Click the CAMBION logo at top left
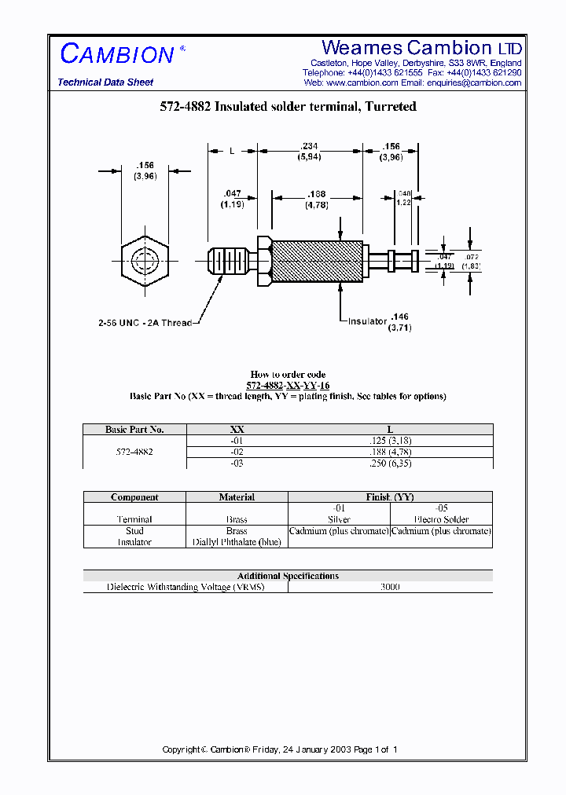tap(118, 54)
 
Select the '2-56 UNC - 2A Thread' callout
tap(145, 323)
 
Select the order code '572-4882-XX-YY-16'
tap(287, 386)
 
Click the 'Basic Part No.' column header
tap(134, 430)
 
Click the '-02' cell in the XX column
tap(237, 452)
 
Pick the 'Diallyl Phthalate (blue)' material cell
tap(237, 542)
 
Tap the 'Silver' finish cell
tap(339, 519)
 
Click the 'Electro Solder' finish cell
tap(441, 519)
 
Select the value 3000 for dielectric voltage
tap(390, 587)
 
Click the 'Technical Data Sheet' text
tap(105, 82)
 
